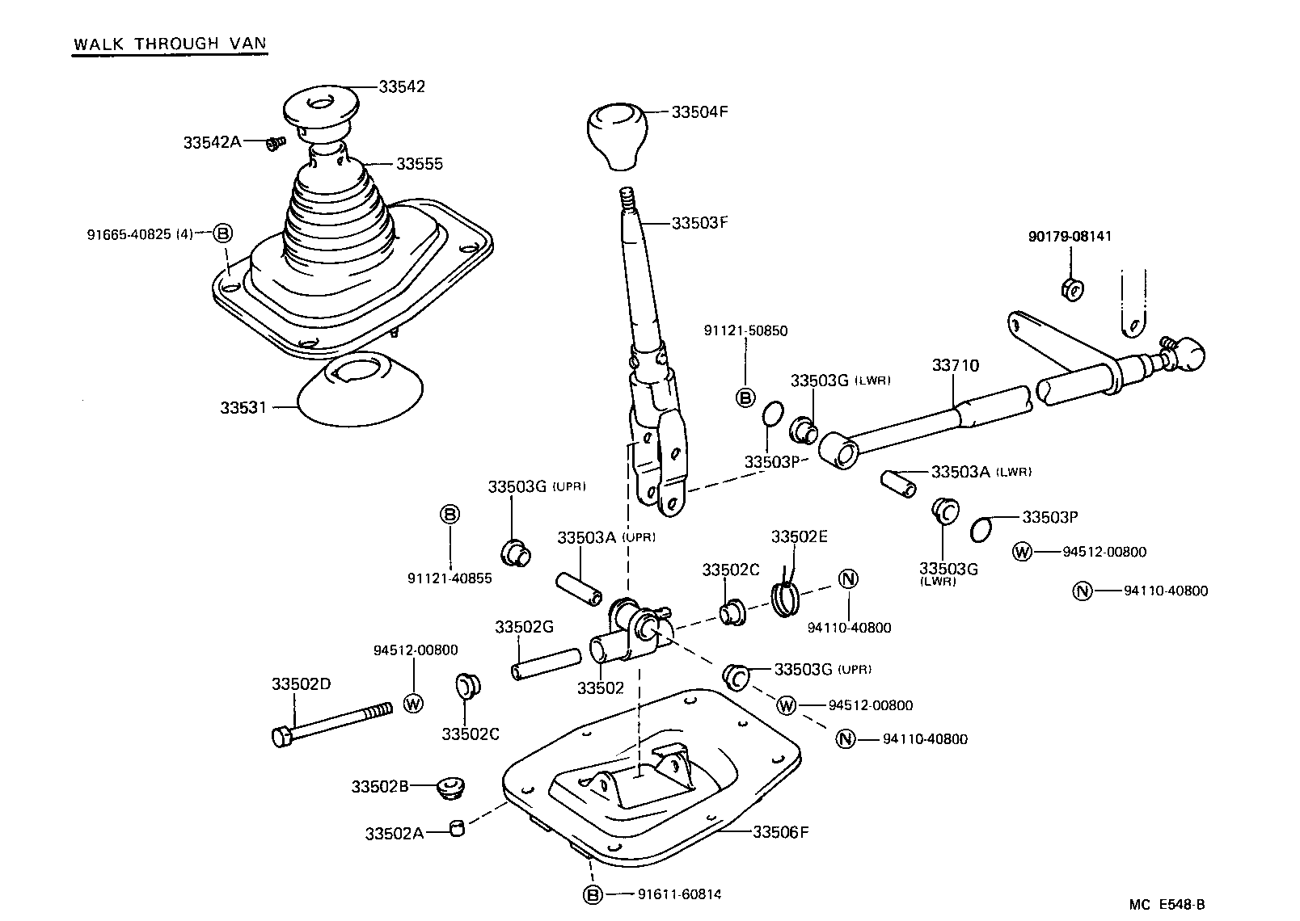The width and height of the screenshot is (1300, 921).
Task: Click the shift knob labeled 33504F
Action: pos(616,134)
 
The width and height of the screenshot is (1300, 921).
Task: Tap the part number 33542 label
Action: pos(401,86)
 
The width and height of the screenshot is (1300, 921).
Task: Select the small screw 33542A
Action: pos(276,144)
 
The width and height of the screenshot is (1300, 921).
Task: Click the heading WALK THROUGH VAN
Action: pos(170,44)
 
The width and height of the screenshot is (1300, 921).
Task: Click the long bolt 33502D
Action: pos(331,724)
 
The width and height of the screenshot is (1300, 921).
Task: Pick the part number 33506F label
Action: pos(780,831)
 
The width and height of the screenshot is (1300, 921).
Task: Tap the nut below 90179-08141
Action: pos(1071,288)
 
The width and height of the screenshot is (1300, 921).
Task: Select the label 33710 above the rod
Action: pos(955,365)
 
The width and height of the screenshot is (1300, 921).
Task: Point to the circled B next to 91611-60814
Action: pos(593,894)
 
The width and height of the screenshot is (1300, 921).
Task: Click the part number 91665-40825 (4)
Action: pos(140,234)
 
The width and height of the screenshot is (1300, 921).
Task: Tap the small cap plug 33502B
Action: pos(450,787)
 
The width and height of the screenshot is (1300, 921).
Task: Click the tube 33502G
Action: pos(546,662)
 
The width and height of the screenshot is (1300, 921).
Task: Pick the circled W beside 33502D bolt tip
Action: pos(413,703)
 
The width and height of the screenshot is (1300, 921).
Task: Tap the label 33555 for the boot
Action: pos(419,164)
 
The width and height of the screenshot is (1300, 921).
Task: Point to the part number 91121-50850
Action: pos(745,330)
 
